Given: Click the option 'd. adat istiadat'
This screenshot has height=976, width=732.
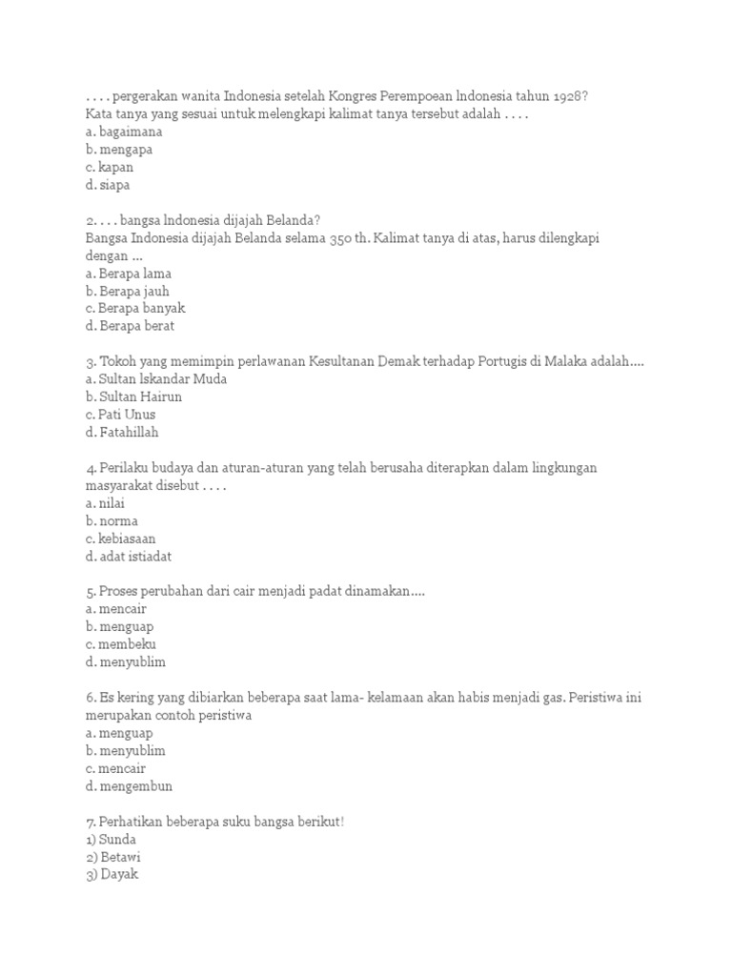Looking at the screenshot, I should click(x=129, y=557).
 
